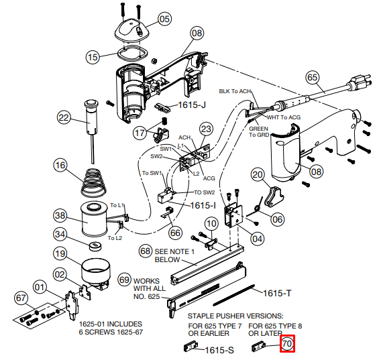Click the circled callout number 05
(x=164, y=19)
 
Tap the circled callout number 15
(x=93, y=57)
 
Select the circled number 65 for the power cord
(x=313, y=78)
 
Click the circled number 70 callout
(x=287, y=344)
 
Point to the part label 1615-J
(x=192, y=105)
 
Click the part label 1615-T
(x=277, y=293)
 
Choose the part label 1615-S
(x=219, y=350)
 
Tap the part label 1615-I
(x=203, y=205)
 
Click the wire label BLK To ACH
(x=235, y=91)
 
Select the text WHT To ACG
(x=284, y=117)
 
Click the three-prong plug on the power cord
(x=360, y=83)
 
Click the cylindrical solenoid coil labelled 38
(x=94, y=219)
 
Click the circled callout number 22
(x=64, y=117)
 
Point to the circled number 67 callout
(x=21, y=298)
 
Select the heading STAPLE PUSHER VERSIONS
(x=235, y=316)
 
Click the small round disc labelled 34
(x=95, y=246)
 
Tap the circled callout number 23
(x=206, y=129)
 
